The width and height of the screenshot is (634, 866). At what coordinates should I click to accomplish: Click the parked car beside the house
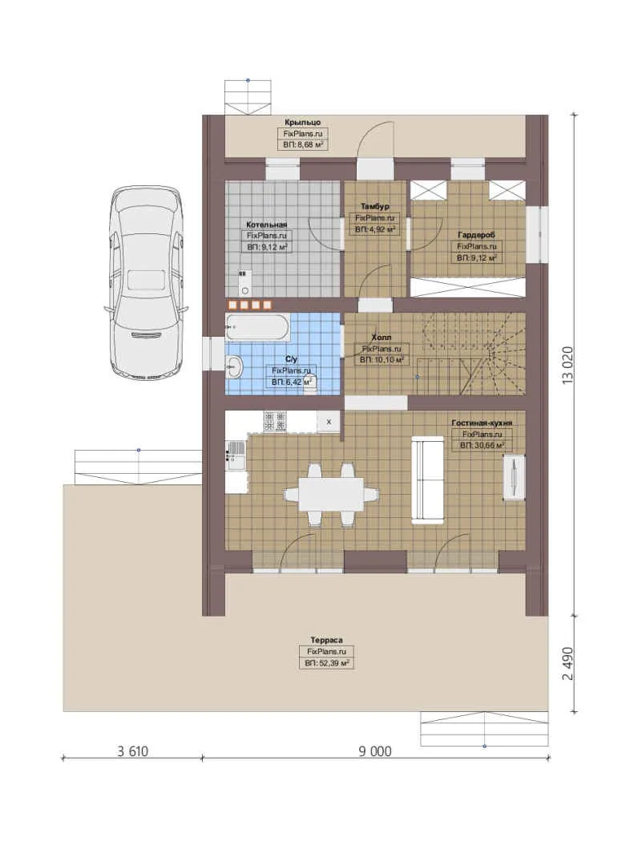(x=146, y=283)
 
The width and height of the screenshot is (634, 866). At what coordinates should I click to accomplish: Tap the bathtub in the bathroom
(x=257, y=327)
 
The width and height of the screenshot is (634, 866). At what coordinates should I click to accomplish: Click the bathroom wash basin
(x=233, y=365)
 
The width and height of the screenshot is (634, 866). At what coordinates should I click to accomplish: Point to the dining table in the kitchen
(x=331, y=494)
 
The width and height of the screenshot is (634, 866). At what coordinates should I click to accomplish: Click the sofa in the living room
(x=427, y=480)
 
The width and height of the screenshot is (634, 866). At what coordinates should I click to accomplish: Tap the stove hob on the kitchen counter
(x=274, y=421)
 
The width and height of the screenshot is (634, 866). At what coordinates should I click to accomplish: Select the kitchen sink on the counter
(x=236, y=454)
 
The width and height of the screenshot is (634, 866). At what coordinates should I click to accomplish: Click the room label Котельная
(x=267, y=225)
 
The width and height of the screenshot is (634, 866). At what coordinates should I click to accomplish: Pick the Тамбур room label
(x=375, y=207)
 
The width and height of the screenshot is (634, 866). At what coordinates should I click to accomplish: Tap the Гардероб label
(x=477, y=235)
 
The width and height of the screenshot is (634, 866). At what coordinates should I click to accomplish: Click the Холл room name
(x=382, y=337)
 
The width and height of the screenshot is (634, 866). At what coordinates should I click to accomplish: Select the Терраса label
(x=326, y=640)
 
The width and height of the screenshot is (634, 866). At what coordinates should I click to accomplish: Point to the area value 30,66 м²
(x=483, y=445)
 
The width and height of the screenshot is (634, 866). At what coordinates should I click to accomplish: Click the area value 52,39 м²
(x=326, y=663)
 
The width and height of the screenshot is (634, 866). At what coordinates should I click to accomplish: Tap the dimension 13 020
(x=568, y=365)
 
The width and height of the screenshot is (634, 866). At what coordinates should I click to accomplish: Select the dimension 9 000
(x=375, y=751)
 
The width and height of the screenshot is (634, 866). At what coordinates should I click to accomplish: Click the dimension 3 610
(x=132, y=751)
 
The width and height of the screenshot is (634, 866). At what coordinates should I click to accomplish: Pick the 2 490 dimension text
(x=568, y=663)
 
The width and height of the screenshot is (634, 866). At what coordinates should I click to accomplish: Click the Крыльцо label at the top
(x=303, y=122)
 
